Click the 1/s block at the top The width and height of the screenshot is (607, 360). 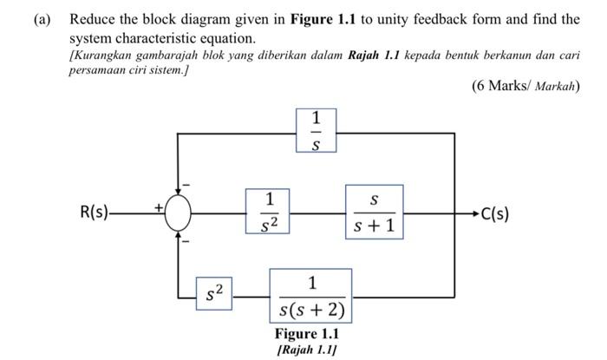(x=315, y=132)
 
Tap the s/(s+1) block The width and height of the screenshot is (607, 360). (x=375, y=213)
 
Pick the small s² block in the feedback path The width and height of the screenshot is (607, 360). (x=213, y=295)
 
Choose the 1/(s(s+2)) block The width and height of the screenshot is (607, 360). (x=311, y=296)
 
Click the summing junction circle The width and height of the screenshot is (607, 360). (x=178, y=213)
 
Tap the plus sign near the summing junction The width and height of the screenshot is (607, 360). (x=158, y=206)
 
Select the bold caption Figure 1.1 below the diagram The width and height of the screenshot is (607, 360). (x=307, y=334)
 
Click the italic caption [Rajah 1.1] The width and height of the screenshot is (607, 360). (x=307, y=350)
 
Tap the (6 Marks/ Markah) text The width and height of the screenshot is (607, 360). (x=525, y=86)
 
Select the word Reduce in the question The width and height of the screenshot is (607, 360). (x=92, y=19)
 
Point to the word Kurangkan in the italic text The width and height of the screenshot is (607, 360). (x=102, y=56)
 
